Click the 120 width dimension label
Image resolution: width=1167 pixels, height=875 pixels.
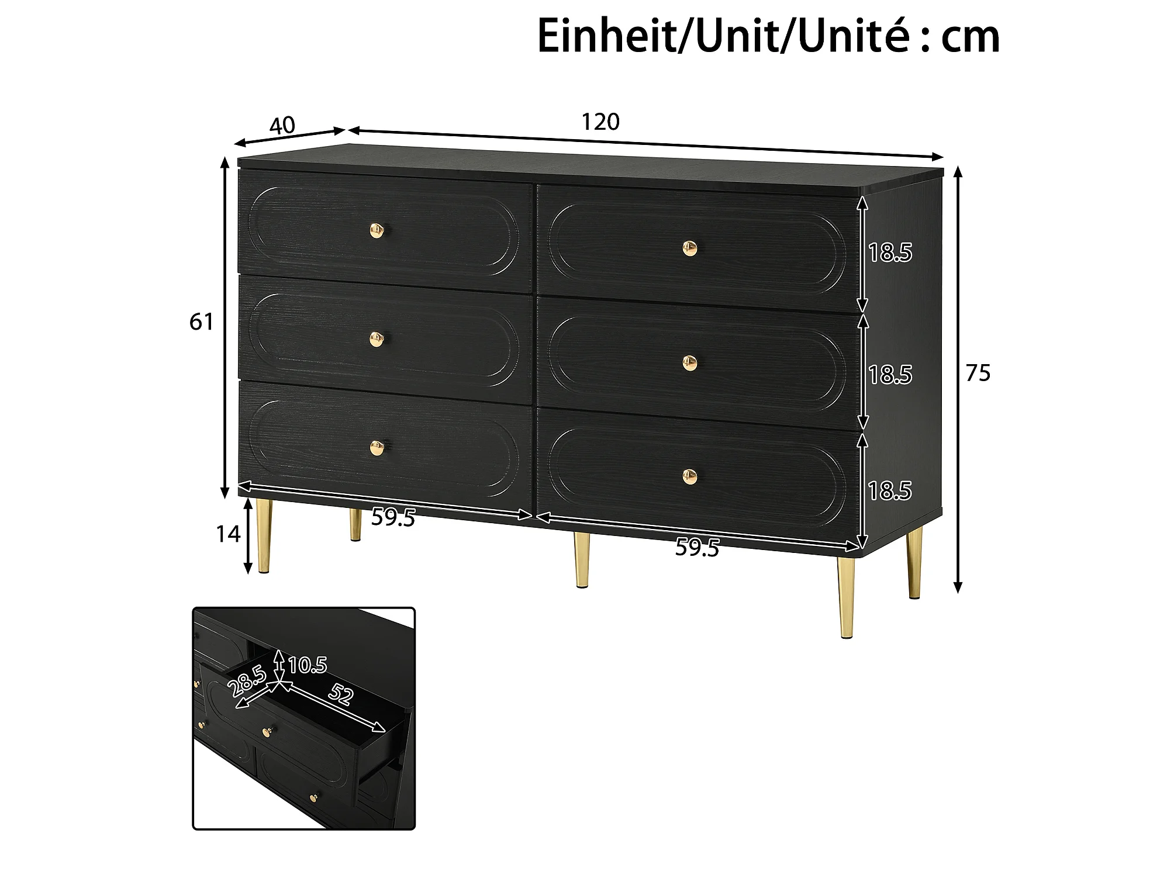point(600,122)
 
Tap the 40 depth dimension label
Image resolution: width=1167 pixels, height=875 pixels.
point(282,126)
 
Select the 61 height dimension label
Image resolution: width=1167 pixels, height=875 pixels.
point(201,322)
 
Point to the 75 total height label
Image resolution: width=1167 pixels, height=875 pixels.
point(978,373)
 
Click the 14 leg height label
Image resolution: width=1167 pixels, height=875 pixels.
point(228,534)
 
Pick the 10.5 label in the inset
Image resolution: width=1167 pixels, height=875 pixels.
point(308,665)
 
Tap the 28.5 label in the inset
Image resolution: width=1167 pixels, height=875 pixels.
point(248,682)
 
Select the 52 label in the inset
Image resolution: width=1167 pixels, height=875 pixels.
point(341,694)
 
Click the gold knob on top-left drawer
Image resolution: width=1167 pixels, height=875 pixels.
point(377,230)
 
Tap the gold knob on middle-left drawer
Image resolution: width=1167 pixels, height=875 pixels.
point(377,339)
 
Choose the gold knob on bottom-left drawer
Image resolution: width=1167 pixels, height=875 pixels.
point(377,448)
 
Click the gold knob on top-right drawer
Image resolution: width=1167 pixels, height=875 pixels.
point(690,248)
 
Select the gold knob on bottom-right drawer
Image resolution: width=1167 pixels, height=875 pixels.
point(690,476)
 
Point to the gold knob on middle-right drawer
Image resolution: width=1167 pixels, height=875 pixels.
point(690,363)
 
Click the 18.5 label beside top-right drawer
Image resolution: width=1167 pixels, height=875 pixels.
point(890,253)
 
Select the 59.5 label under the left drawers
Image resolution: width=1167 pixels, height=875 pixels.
point(393,517)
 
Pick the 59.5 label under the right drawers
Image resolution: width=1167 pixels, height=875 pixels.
point(697,548)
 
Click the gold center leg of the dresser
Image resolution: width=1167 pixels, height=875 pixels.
point(582,559)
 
